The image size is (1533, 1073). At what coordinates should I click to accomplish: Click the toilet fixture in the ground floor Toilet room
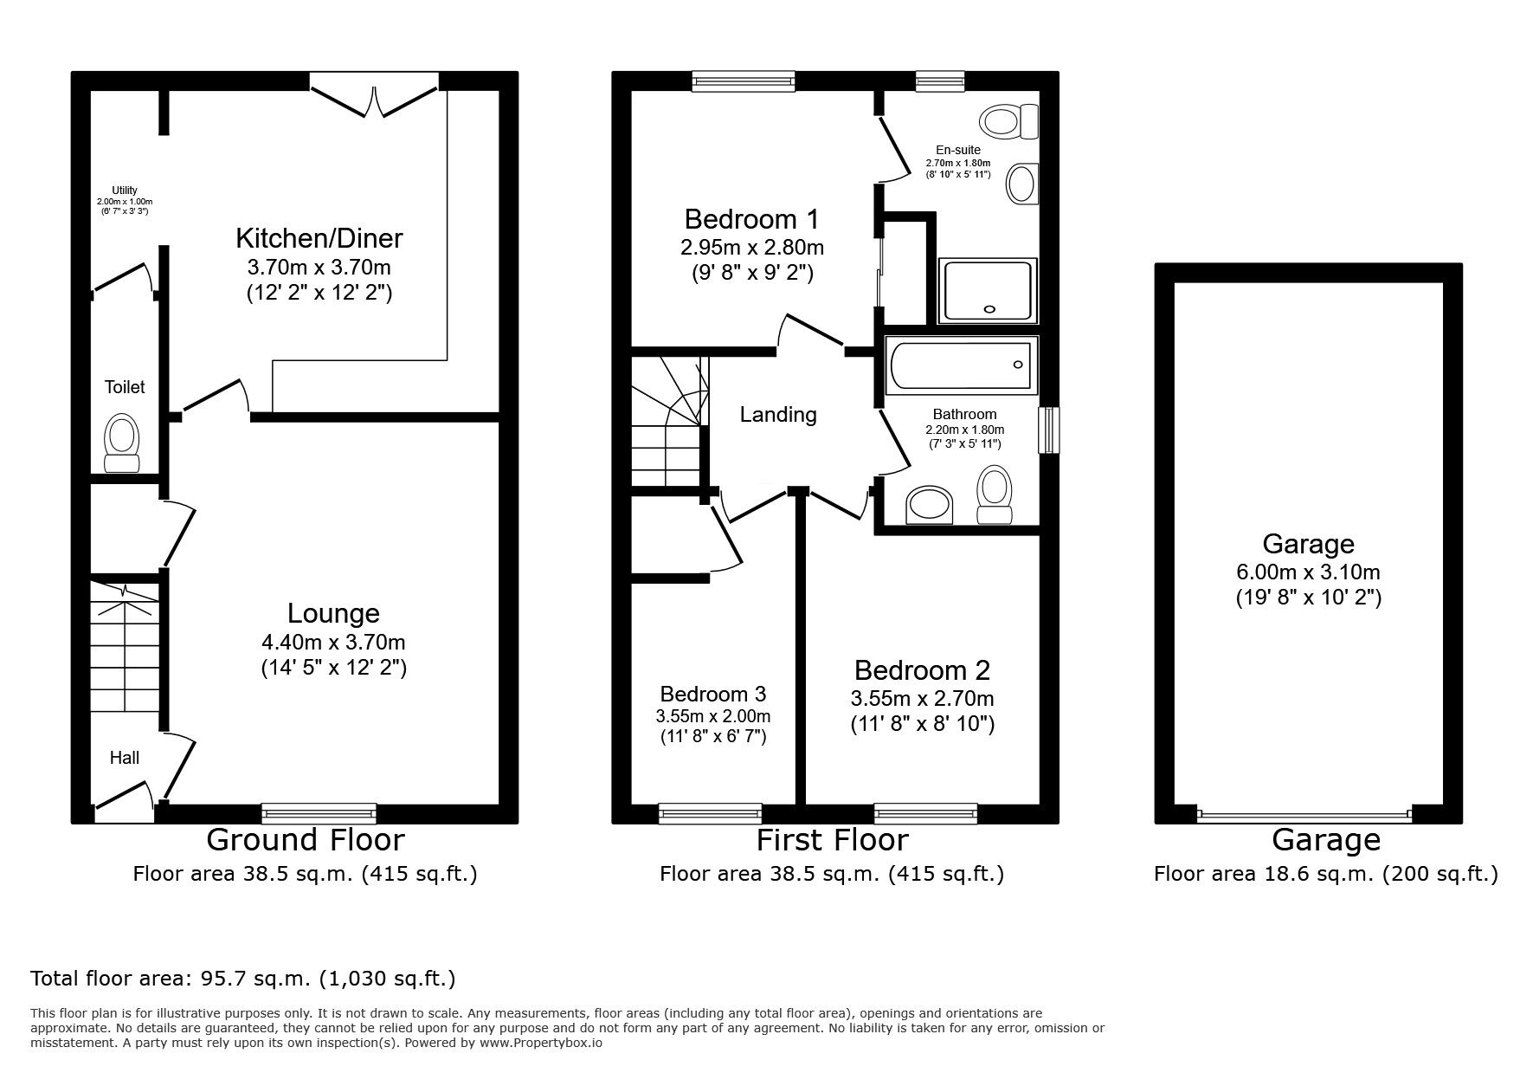click(122, 442)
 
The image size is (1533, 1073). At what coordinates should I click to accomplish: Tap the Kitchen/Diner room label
click(319, 237)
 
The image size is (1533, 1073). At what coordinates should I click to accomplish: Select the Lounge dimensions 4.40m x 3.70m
click(333, 643)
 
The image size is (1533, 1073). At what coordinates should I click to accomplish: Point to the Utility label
click(124, 191)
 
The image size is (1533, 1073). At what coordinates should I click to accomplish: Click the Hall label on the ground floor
click(124, 758)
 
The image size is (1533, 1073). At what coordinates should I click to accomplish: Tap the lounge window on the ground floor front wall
click(319, 812)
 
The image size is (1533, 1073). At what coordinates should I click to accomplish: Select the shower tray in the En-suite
click(988, 289)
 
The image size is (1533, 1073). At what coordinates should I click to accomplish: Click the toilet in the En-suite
click(1009, 120)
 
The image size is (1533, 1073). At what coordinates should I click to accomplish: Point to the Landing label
click(777, 415)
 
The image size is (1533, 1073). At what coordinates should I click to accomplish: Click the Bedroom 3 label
click(712, 694)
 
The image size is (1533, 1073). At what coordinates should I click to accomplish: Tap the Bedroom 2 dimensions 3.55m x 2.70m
click(922, 698)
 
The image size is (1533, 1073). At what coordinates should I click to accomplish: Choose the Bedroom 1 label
click(751, 218)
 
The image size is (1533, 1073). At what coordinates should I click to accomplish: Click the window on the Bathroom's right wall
click(1048, 430)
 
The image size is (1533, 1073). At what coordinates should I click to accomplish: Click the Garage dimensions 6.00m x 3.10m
click(1308, 572)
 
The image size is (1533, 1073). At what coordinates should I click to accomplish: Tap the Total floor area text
click(242, 979)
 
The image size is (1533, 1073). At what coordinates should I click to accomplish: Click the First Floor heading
click(831, 840)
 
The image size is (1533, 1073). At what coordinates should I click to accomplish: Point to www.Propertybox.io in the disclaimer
click(541, 1043)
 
